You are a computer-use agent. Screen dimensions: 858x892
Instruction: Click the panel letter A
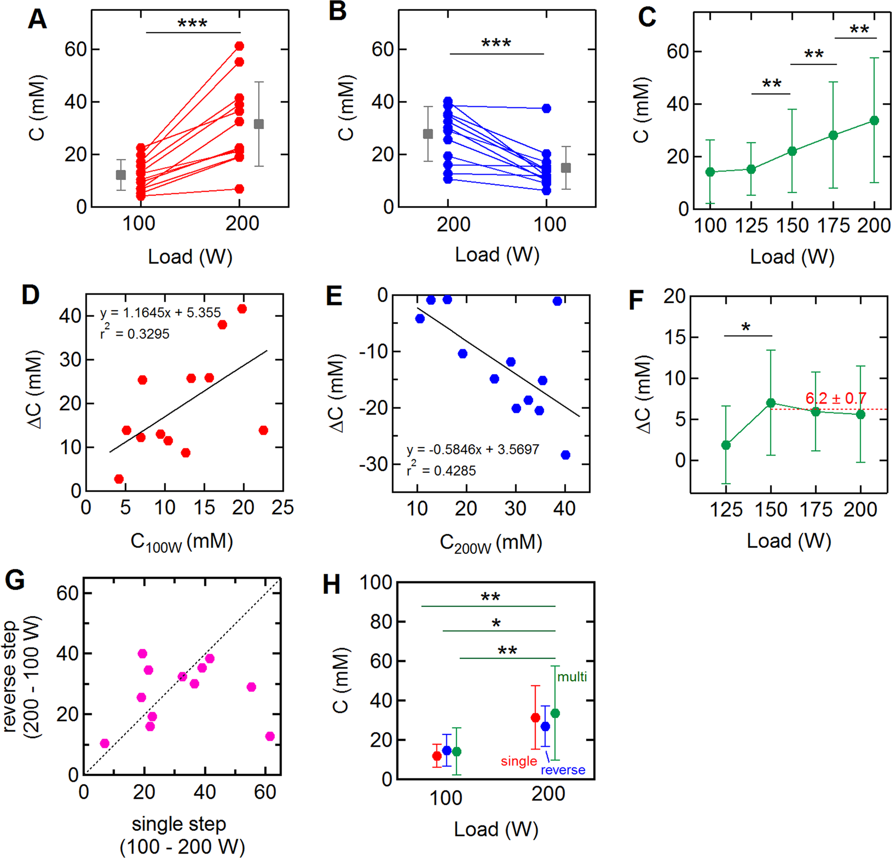[37, 20]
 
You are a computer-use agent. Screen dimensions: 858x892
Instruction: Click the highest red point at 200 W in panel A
[240, 46]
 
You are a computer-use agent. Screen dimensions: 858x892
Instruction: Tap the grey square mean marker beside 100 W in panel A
[121, 175]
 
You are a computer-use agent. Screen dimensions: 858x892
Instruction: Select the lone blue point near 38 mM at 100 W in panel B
[547, 108]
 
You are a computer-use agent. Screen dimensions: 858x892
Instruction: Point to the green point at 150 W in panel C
[792, 151]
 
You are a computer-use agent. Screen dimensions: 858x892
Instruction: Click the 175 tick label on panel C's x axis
[833, 226]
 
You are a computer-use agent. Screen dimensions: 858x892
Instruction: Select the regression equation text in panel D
[161, 313]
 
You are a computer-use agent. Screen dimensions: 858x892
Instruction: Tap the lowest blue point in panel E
[566, 455]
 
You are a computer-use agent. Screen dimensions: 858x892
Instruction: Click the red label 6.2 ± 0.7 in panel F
[836, 399]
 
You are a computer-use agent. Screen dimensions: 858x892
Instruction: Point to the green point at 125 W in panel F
[726, 445]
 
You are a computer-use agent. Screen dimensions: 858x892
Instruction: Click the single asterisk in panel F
[746, 328]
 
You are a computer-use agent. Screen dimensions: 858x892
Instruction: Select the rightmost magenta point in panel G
[270, 736]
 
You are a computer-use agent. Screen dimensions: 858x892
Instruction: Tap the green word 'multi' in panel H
[572, 676]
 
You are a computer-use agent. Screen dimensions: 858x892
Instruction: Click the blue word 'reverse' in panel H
[563, 770]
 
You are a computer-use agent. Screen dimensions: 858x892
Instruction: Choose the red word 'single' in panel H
[519, 761]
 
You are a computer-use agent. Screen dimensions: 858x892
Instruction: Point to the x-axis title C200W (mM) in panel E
[491, 543]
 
